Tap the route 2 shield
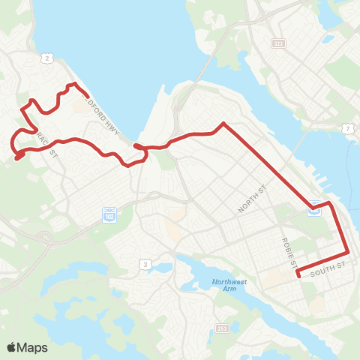tap(47, 58)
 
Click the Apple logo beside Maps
tap(12, 347)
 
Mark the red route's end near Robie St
tap(298, 275)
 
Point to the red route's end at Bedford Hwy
tap(88, 96)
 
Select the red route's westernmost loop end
tap(16, 158)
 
